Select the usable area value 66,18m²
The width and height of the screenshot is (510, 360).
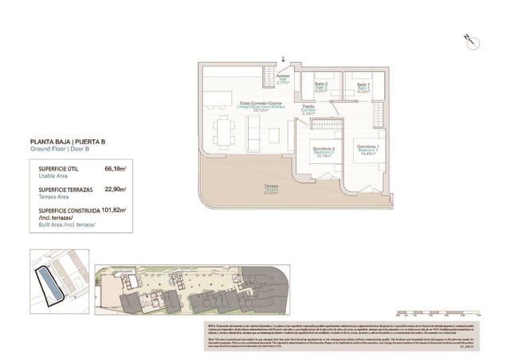(116, 169)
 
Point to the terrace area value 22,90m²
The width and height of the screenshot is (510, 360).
(116, 190)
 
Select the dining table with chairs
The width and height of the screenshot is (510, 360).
(224, 131)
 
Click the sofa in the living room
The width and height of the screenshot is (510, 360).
(253, 136)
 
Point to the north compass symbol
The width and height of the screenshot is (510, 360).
(469, 40)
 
